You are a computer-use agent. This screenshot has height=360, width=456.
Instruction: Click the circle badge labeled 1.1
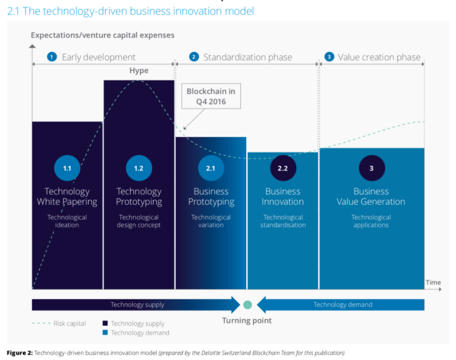67,168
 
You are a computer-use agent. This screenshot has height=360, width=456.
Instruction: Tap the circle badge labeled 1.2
139,168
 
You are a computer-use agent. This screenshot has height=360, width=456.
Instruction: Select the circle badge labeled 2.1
210,168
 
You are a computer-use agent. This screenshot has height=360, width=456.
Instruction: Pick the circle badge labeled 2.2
282,168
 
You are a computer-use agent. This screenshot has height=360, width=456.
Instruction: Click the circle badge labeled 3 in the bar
371,168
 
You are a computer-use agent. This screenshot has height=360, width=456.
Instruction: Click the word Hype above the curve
139,71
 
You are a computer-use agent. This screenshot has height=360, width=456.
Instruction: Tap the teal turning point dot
247,304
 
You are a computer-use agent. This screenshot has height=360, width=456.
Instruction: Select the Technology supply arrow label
137,304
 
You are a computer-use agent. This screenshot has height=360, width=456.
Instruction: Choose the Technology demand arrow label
343,304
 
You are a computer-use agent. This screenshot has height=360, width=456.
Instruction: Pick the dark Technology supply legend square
105,323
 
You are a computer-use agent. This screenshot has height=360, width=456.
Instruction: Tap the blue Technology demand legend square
105,333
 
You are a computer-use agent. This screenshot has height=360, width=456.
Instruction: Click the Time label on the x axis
433,282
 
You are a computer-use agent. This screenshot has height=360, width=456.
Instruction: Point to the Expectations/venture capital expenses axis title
102,35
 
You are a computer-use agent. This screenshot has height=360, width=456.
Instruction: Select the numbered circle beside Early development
52,57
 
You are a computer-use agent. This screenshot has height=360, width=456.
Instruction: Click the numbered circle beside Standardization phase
194,57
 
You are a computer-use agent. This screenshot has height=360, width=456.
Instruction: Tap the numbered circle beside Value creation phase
329,57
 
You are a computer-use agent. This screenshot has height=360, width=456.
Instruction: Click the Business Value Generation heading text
371,196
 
